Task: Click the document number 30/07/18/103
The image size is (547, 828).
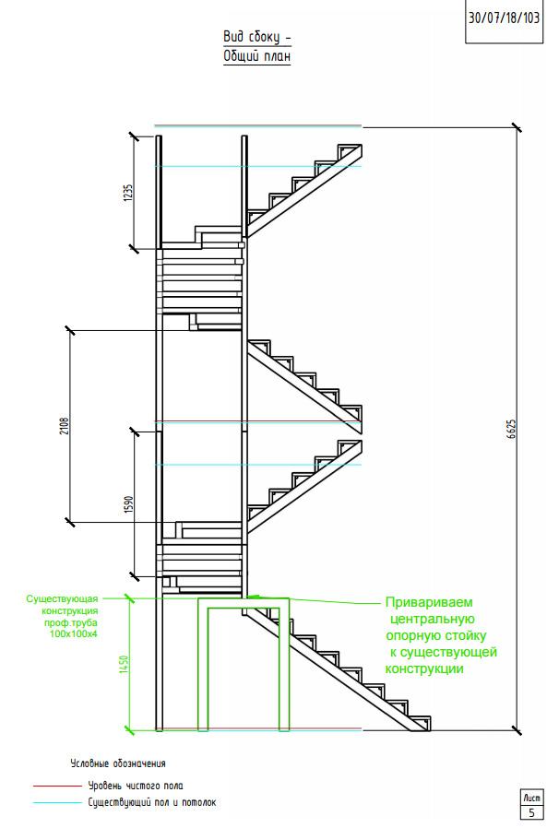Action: coord(505,18)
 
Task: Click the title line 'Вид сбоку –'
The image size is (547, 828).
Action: coord(256,37)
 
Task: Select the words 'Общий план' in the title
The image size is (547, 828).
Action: coord(256,55)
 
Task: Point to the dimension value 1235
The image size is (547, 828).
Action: coord(128,194)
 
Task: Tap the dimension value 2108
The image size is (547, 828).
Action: coord(65,427)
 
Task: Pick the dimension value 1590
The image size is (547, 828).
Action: coord(128,505)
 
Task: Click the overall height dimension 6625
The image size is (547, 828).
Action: coord(512,430)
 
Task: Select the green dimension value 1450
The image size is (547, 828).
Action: coord(125,664)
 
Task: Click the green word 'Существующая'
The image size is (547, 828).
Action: coord(62,598)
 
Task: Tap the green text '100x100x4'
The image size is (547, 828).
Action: coord(74,634)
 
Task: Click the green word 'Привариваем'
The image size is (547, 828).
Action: coord(429,602)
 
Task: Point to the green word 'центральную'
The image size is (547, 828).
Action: coord(433,619)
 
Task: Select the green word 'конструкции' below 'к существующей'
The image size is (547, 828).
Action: coord(424,669)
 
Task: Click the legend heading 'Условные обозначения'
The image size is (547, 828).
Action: coord(118,763)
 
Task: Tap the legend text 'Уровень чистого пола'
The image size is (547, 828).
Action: coord(136,786)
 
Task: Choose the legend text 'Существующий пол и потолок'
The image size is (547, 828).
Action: coord(152,803)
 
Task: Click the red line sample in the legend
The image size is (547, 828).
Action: coord(57,786)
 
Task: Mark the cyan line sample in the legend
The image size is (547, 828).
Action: coord(57,803)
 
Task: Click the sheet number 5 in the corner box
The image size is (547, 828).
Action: coord(531,813)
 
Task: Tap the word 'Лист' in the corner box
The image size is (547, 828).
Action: coord(531,798)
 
